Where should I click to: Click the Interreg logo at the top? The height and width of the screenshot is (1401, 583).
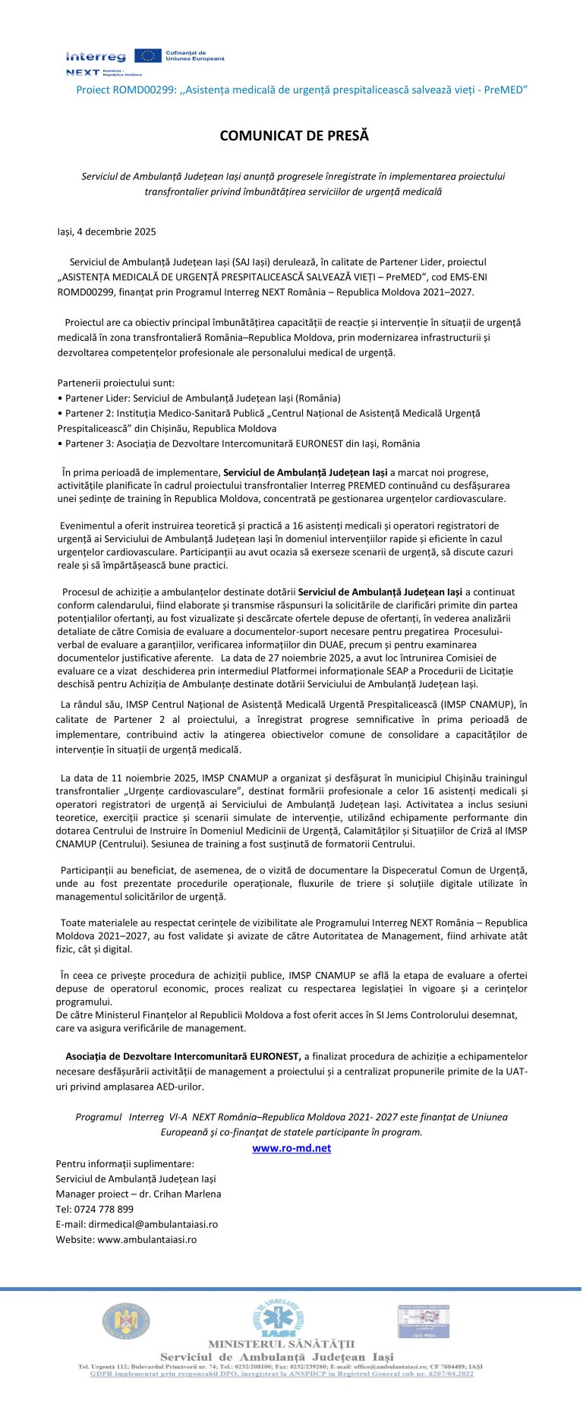pos(96,57)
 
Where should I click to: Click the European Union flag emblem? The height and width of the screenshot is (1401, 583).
pos(147,55)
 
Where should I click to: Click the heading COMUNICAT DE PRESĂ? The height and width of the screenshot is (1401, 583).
pos(294,136)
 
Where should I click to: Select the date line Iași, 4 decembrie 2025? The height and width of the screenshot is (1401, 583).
pos(107,232)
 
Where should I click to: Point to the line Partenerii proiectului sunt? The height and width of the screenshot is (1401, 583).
pos(115,383)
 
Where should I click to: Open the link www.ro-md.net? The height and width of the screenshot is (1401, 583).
pos(291,1148)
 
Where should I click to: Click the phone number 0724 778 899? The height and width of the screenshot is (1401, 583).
pos(104,1209)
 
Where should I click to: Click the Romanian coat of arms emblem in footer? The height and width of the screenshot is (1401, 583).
pos(126,1322)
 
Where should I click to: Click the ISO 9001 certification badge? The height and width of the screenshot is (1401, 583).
pos(424,1321)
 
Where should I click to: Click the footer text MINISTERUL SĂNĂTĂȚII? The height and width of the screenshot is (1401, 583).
pos(281,1345)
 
